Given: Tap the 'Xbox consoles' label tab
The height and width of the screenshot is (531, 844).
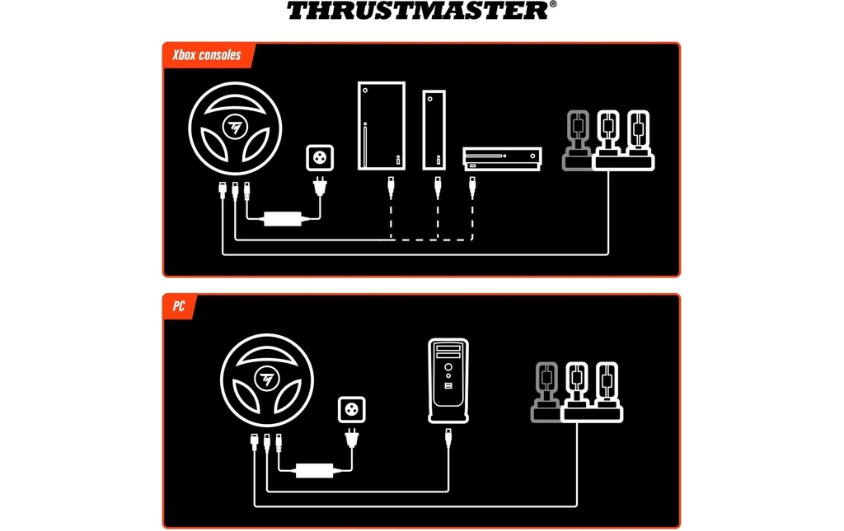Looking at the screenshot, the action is (207, 55).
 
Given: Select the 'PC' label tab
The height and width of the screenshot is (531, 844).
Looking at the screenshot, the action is (179, 306).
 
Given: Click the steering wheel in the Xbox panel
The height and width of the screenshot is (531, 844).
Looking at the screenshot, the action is (235, 128).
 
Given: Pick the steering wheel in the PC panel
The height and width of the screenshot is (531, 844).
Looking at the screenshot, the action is (267, 380).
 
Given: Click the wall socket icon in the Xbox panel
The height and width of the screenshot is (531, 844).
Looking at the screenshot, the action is (320, 158).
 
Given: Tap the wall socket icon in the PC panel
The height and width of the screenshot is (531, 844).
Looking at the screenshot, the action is (351, 409).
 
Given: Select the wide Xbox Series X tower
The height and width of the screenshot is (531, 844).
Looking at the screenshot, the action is (382, 126).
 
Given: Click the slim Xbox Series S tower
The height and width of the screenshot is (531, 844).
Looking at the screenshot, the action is (434, 129).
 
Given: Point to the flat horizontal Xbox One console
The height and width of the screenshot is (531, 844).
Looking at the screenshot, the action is (502, 159).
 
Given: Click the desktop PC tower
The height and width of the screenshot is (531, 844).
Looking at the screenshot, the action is (448, 380).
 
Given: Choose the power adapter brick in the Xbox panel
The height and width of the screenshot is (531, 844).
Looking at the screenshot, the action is (283, 219).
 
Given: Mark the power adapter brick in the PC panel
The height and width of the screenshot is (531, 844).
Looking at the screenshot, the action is (314, 470).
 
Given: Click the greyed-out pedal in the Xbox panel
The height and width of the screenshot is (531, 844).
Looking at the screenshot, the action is (577, 141).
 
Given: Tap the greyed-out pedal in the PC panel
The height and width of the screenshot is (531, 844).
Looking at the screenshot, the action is (546, 393).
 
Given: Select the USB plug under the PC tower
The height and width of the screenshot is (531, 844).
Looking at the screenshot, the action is (448, 437).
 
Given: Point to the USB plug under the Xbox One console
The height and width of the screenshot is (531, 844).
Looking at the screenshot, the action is (472, 187).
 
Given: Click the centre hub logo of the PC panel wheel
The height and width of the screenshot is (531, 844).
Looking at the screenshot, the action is (267, 379).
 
